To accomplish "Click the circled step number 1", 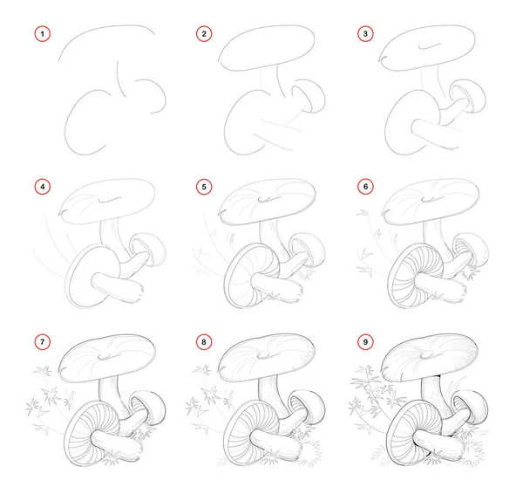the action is [43, 34].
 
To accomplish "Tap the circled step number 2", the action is [204, 34].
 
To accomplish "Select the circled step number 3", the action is [365, 34].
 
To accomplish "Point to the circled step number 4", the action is [43, 187].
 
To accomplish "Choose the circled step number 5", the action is [204, 187].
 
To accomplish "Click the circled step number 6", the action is [365, 187].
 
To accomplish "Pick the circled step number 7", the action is [43, 341].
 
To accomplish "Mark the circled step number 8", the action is [204, 341].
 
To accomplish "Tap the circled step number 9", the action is [365, 341].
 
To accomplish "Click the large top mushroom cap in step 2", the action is [267, 48].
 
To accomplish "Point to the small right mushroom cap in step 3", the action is [467, 95].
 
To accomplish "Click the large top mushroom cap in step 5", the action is [267, 202].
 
